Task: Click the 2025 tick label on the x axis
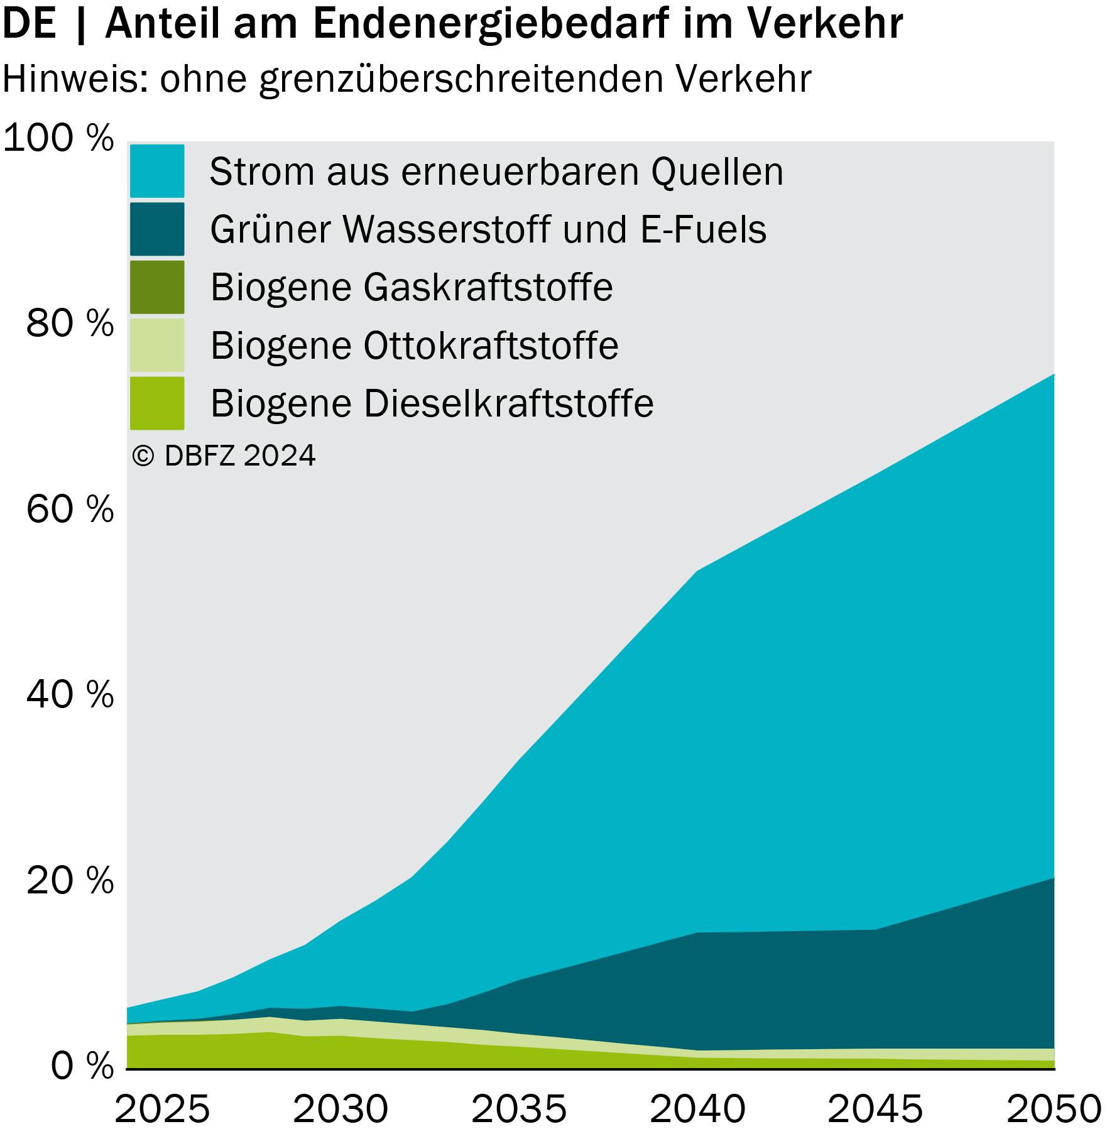click(x=162, y=1109)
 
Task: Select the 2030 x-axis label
click(x=341, y=1109)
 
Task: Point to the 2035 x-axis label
click(x=519, y=1109)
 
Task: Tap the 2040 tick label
click(x=697, y=1109)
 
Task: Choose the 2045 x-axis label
click(x=875, y=1109)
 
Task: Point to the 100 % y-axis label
click(x=58, y=138)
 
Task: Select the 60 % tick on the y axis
click(x=70, y=509)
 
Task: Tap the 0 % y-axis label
click(x=82, y=1066)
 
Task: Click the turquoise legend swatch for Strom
click(x=157, y=171)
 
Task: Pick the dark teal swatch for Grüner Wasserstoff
click(x=157, y=229)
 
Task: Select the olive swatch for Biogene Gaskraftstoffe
click(x=157, y=287)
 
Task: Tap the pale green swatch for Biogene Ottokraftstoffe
click(x=157, y=345)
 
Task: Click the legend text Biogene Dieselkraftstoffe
click(x=432, y=403)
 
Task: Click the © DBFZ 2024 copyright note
click(x=224, y=455)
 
